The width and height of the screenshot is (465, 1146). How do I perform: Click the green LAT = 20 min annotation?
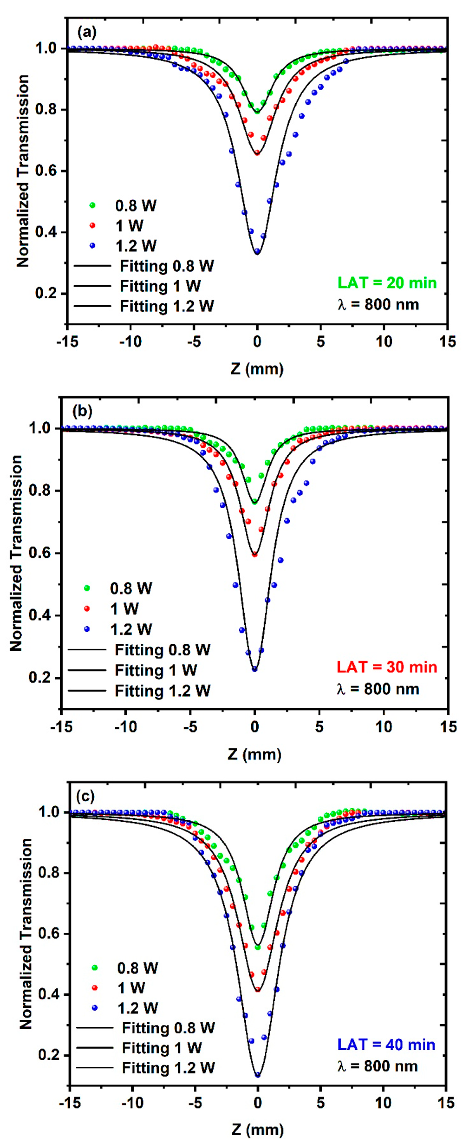pyautogui.click(x=387, y=283)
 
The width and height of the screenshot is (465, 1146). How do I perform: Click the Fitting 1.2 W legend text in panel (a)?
pyautogui.click(x=167, y=306)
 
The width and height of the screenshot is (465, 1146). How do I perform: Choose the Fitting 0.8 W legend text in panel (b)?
pyautogui.click(x=162, y=650)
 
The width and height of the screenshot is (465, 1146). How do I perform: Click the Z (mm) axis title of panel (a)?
pyautogui.click(x=257, y=369)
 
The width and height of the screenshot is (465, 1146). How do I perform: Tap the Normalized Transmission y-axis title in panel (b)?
pyautogui.click(x=16, y=553)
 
